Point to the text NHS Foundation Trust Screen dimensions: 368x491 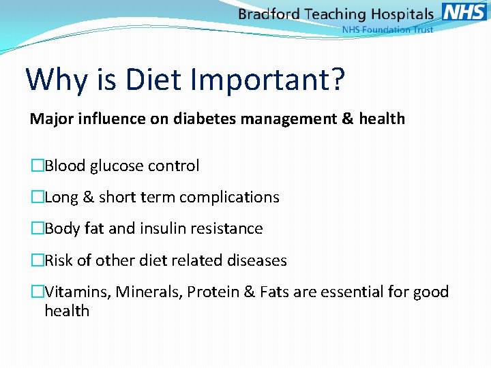point(387,30)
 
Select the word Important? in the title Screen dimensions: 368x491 point(269,80)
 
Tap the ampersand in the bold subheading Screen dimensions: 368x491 point(346,119)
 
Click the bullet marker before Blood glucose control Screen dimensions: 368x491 point(37,166)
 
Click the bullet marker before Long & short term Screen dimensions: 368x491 point(37,198)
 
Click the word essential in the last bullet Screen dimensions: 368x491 point(351,292)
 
